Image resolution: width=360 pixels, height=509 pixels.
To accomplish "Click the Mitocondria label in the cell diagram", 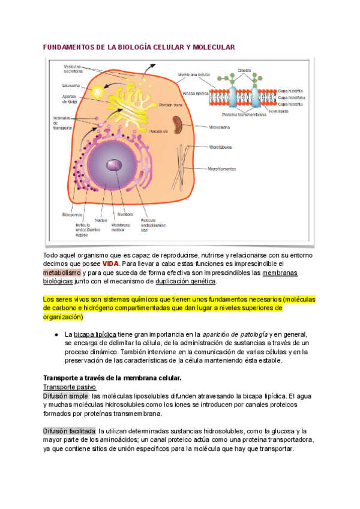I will pyautogui.click(x=219, y=127).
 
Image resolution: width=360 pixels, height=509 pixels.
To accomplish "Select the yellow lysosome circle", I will pyautogui.click(x=98, y=92).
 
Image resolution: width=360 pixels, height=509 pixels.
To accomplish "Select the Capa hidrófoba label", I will pyautogui.click(x=290, y=97).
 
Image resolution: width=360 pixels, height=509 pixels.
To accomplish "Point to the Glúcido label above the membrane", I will pyautogui.click(x=244, y=69).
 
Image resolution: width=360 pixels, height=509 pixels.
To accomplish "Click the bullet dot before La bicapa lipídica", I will pyautogui.click(x=55, y=334).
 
